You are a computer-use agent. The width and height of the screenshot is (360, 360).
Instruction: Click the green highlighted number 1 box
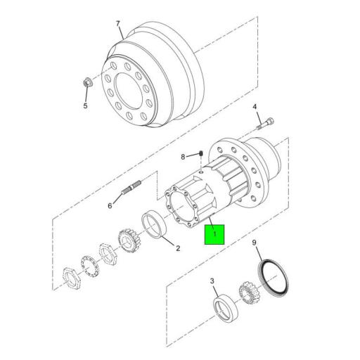pos(214,234)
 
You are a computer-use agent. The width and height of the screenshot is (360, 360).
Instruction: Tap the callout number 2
pos(177,247)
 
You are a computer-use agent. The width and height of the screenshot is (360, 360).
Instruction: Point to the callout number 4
pos(255,108)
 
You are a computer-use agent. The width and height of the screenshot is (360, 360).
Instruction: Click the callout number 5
pos(85,106)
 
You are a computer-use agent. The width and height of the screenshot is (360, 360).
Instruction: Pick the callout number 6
pos(110,206)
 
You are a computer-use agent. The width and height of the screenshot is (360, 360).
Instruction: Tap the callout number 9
pos(255,244)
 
